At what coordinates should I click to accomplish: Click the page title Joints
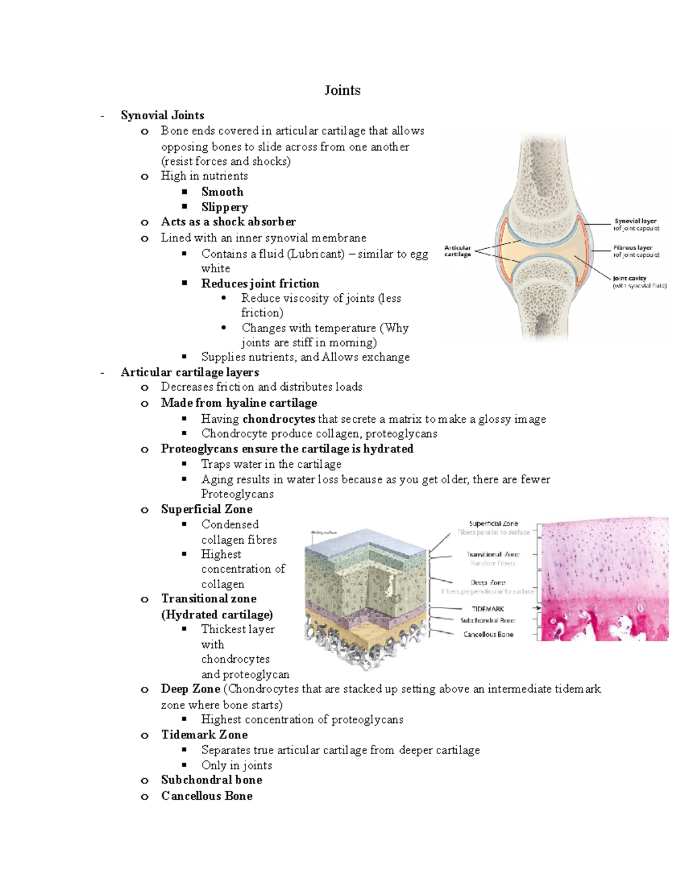pos(342,90)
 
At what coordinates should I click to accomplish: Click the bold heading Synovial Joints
pos(162,115)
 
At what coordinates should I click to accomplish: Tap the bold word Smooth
pos(222,192)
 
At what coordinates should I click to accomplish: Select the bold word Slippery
pos(224,207)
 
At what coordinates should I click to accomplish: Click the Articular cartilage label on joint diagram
pos(458,251)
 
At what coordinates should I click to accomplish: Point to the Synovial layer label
pos(635,221)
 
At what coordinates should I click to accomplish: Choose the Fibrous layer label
pos(633,248)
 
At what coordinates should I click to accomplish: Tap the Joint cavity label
pos(630,278)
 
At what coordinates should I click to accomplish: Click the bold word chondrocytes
pos(279,419)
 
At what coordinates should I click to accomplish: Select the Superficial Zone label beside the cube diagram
pos(493,523)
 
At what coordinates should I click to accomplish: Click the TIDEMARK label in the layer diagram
pos(488,609)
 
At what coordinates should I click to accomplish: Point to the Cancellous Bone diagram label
pos(488,634)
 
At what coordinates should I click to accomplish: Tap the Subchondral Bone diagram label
pos(487,620)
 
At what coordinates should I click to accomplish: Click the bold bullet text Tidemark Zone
pos(204,735)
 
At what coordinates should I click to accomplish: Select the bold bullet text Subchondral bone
pos(211,780)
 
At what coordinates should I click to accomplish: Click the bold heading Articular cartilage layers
pos(190,372)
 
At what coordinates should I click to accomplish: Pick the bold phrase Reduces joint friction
pos(260,284)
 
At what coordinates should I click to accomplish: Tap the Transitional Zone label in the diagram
pos(493,554)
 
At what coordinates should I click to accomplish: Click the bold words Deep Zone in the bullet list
pos(190,689)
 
